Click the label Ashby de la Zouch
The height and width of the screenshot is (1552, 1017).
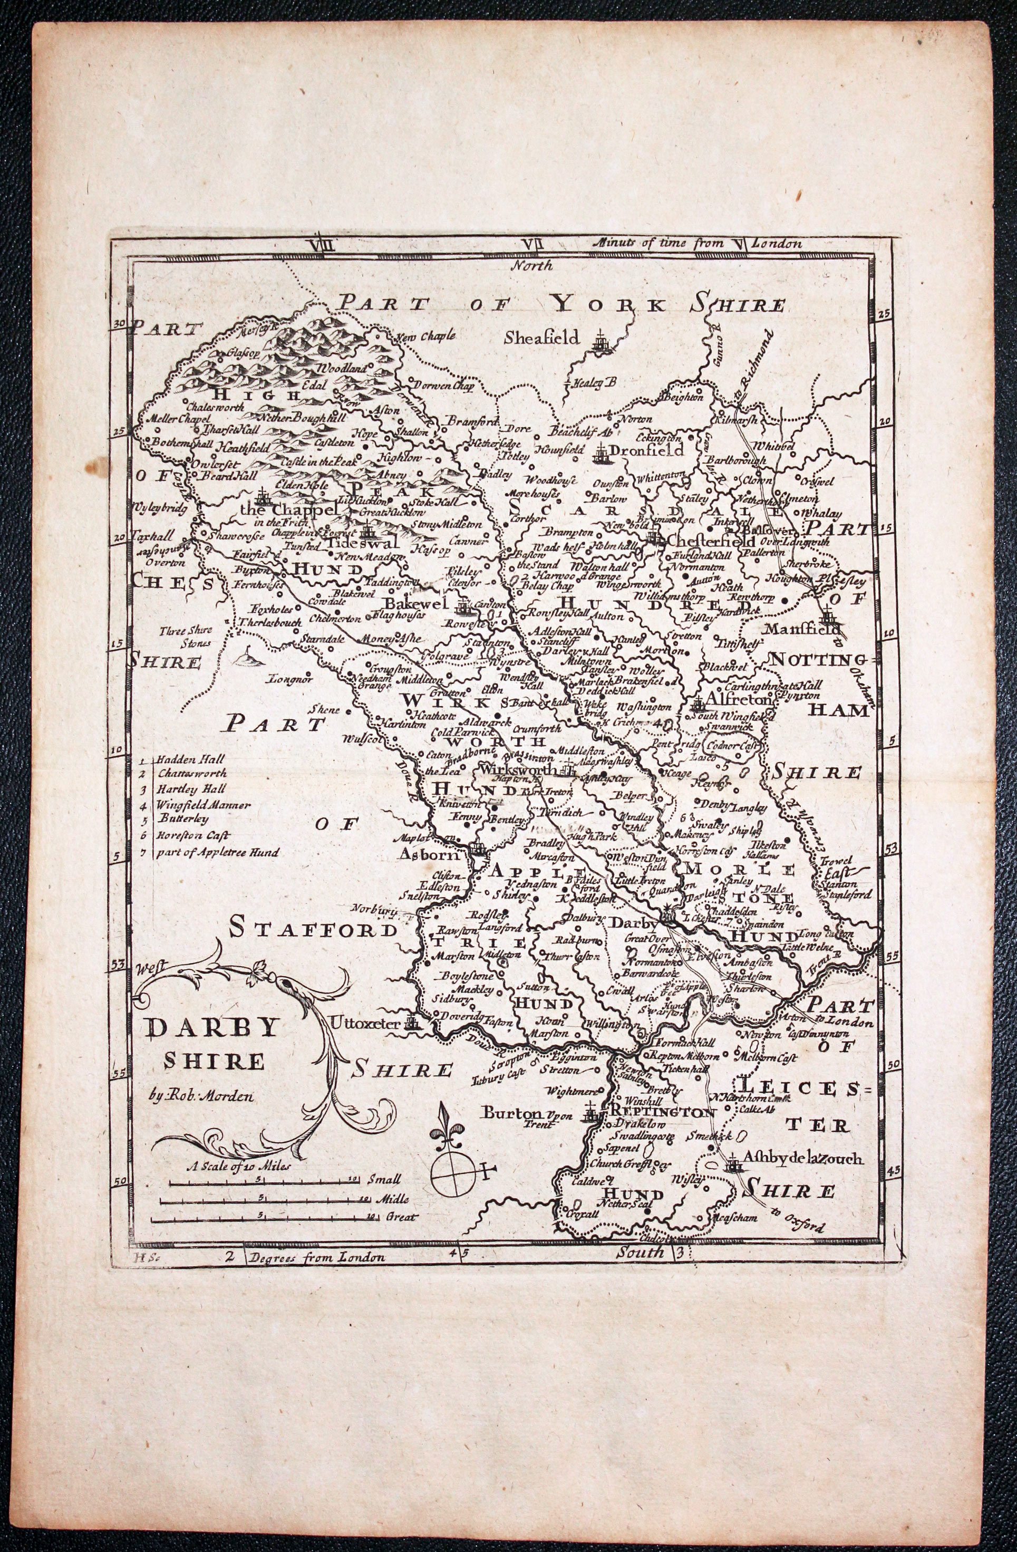(x=803, y=1159)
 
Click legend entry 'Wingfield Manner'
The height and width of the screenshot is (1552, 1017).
(x=203, y=805)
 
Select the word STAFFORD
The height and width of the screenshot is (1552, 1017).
(x=313, y=929)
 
